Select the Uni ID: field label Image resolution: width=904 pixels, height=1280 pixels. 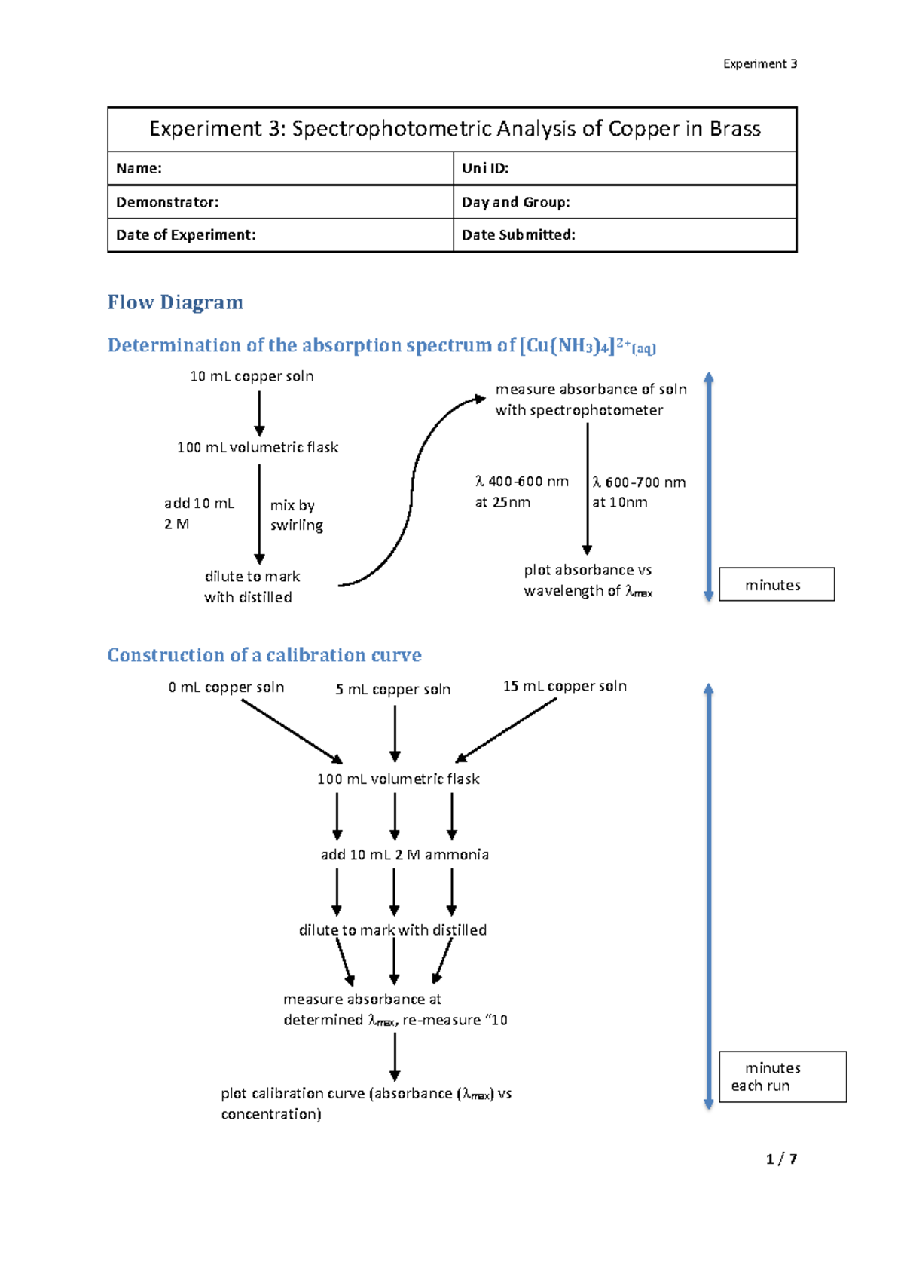[x=485, y=168]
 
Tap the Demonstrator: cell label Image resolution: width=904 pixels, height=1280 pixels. [x=167, y=202]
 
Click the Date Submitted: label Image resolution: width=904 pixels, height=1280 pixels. [x=518, y=235]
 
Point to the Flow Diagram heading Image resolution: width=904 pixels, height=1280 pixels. [x=175, y=302]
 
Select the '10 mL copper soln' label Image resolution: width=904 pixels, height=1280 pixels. [x=252, y=376]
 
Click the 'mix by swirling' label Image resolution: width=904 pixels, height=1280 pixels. [x=296, y=515]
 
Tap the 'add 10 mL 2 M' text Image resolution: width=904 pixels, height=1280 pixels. [x=199, y=513]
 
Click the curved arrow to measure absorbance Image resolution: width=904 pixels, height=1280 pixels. [x=411, y=490]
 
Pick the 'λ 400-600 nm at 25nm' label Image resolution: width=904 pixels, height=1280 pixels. [x=521, y=491]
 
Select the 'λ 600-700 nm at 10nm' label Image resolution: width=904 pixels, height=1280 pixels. [x=639, y=492]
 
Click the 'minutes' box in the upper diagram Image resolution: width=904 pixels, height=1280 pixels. [x=776, y=585]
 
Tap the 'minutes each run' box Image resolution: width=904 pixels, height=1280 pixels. [x=782, y=1077]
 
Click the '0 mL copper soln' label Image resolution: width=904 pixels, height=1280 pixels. [x=226, y=687]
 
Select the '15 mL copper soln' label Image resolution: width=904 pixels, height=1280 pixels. [x=564, y=686]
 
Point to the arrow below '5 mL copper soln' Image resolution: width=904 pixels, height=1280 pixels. [x=395, y=731]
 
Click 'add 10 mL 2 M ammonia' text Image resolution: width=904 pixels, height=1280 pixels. [x=405, y=855]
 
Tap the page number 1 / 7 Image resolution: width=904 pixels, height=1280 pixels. [x=781, y=1159]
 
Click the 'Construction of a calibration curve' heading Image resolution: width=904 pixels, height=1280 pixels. [x=264, y=655]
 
